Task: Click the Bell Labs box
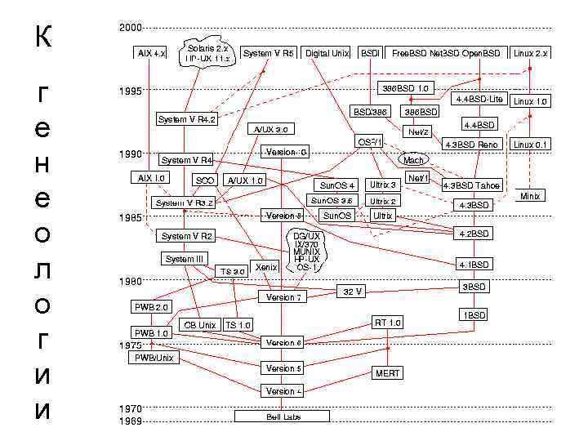(x=282, y=416)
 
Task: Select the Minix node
(x=531, y=197)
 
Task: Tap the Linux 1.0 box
(x=530, y=102)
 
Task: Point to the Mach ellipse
(x=413, y=160)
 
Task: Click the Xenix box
(x=262, y=267)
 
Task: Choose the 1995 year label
(x=130, y=91)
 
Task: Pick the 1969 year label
(x=130, y=421)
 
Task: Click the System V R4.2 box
(x=185, y=119)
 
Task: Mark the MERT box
(x=387, y=372)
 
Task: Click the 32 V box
(x=352, y=291)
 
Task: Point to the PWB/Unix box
(x=154, y=358)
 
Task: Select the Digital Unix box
(x=327, y=53)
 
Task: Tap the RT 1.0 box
(x=388, y=323)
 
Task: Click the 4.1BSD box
(x=474, y=265)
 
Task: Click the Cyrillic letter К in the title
(x=42, y=36)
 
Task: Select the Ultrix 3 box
(x=382, y=185)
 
